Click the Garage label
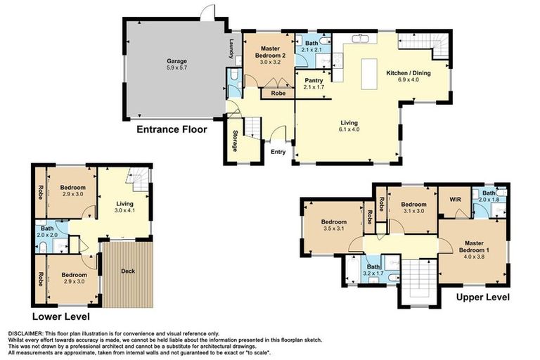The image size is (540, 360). (177, 61)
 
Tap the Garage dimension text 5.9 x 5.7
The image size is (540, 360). (176, 68)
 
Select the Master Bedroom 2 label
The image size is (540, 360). (270, 52)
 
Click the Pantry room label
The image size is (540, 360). (314, 81)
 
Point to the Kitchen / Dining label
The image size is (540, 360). (409, 72)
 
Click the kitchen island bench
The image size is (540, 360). (369, 74)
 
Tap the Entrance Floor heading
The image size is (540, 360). (172, 129)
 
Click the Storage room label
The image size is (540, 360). (235, 141)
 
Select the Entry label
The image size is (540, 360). (278, 152)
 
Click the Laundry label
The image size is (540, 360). (231, 48)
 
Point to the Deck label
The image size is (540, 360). (128, 271)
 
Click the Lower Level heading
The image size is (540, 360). (61, 316)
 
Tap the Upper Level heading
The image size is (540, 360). (483, 297)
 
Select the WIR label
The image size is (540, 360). (455, 200)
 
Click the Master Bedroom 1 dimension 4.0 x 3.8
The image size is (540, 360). (474, 257)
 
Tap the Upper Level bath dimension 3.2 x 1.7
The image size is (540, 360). (373, 274)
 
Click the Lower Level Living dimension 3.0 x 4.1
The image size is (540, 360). (124, 210)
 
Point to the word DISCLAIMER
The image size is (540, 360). (25, 333)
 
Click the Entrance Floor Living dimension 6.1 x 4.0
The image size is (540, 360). (349, 129)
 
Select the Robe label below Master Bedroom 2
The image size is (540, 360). (278, 93)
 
